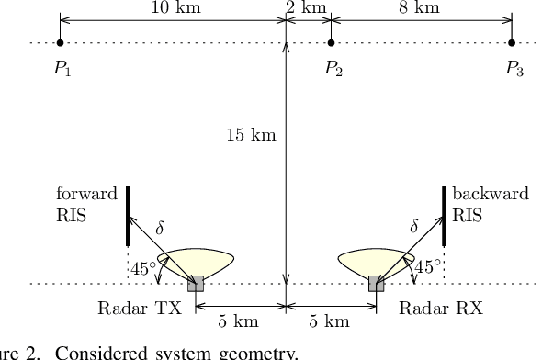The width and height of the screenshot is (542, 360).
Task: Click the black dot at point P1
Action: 60,42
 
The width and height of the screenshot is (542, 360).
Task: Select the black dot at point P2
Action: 332,42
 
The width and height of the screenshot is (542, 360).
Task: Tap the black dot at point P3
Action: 512,42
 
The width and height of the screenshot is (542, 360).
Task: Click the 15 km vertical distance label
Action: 252,136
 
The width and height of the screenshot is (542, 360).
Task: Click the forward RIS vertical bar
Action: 127,216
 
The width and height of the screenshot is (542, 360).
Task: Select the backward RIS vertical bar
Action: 445,216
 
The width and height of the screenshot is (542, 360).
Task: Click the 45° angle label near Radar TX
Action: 142,268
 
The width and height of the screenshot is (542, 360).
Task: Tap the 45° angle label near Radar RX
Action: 428,267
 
